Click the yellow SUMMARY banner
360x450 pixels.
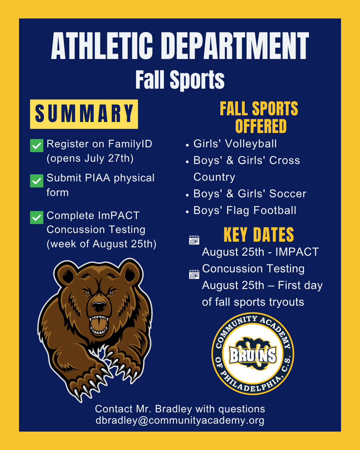pos(84,114)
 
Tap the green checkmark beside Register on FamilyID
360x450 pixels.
pos(37,146)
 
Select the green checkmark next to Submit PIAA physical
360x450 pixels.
pos(37,181)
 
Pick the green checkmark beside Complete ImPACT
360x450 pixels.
pos(37,217)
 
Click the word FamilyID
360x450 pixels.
pos(130,144)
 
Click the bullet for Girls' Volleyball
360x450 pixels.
pos(187,145)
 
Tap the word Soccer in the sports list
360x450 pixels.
pos(288,194)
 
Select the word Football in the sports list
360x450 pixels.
pos(275,210)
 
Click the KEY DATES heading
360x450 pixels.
pos(259,235)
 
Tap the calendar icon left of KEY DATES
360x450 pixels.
pos(194,240)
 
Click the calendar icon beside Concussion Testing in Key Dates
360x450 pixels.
pos(194,274)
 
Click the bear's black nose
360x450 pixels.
pos(99,307)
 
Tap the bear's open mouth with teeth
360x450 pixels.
pos(99,325)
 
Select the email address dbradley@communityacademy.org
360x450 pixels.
pos(180,420)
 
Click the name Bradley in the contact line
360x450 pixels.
pos(173,409)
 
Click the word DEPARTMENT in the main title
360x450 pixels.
pos(235,46)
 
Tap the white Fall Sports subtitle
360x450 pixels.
pos(180,80)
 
